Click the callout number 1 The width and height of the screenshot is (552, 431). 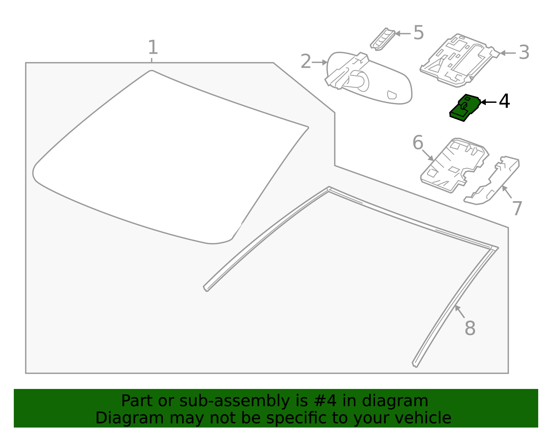153,47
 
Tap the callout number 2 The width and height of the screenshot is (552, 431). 306,61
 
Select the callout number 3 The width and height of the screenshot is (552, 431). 524,52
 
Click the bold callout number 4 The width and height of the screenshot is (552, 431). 504,101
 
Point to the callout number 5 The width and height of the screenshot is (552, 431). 418,32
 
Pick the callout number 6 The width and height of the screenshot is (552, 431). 418,143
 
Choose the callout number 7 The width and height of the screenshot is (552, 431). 517,208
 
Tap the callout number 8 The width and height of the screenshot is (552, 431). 470,328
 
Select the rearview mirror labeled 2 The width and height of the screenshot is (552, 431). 368,79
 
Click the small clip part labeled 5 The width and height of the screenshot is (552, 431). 382,39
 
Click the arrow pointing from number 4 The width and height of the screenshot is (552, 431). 489,102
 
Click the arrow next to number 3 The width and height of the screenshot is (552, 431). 508,53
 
